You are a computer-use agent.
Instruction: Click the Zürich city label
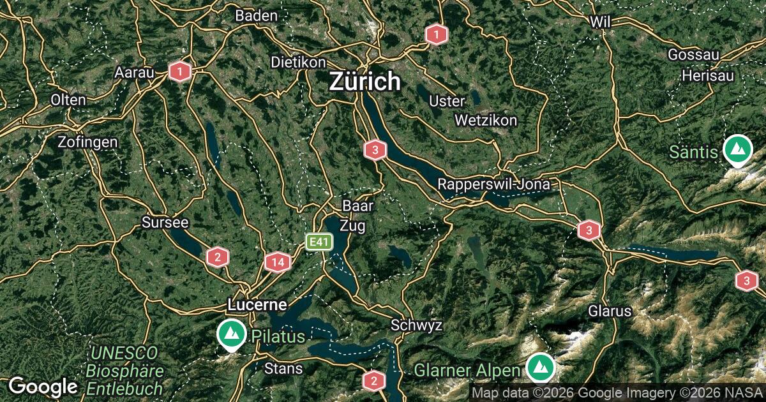365,82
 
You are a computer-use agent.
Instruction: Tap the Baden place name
256,15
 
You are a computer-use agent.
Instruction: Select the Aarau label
135,73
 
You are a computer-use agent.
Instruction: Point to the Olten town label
69,100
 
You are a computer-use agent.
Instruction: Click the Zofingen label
87,142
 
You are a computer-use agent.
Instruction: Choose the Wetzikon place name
486,120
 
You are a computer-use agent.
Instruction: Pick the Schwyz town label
416,325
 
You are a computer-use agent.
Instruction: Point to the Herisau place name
707,75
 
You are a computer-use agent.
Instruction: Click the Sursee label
165,223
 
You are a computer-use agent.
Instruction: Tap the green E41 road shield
319,242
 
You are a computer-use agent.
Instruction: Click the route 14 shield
277,262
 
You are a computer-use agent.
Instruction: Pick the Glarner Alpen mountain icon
541,367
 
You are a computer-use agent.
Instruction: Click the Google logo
43,386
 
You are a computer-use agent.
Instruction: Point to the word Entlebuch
124,388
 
